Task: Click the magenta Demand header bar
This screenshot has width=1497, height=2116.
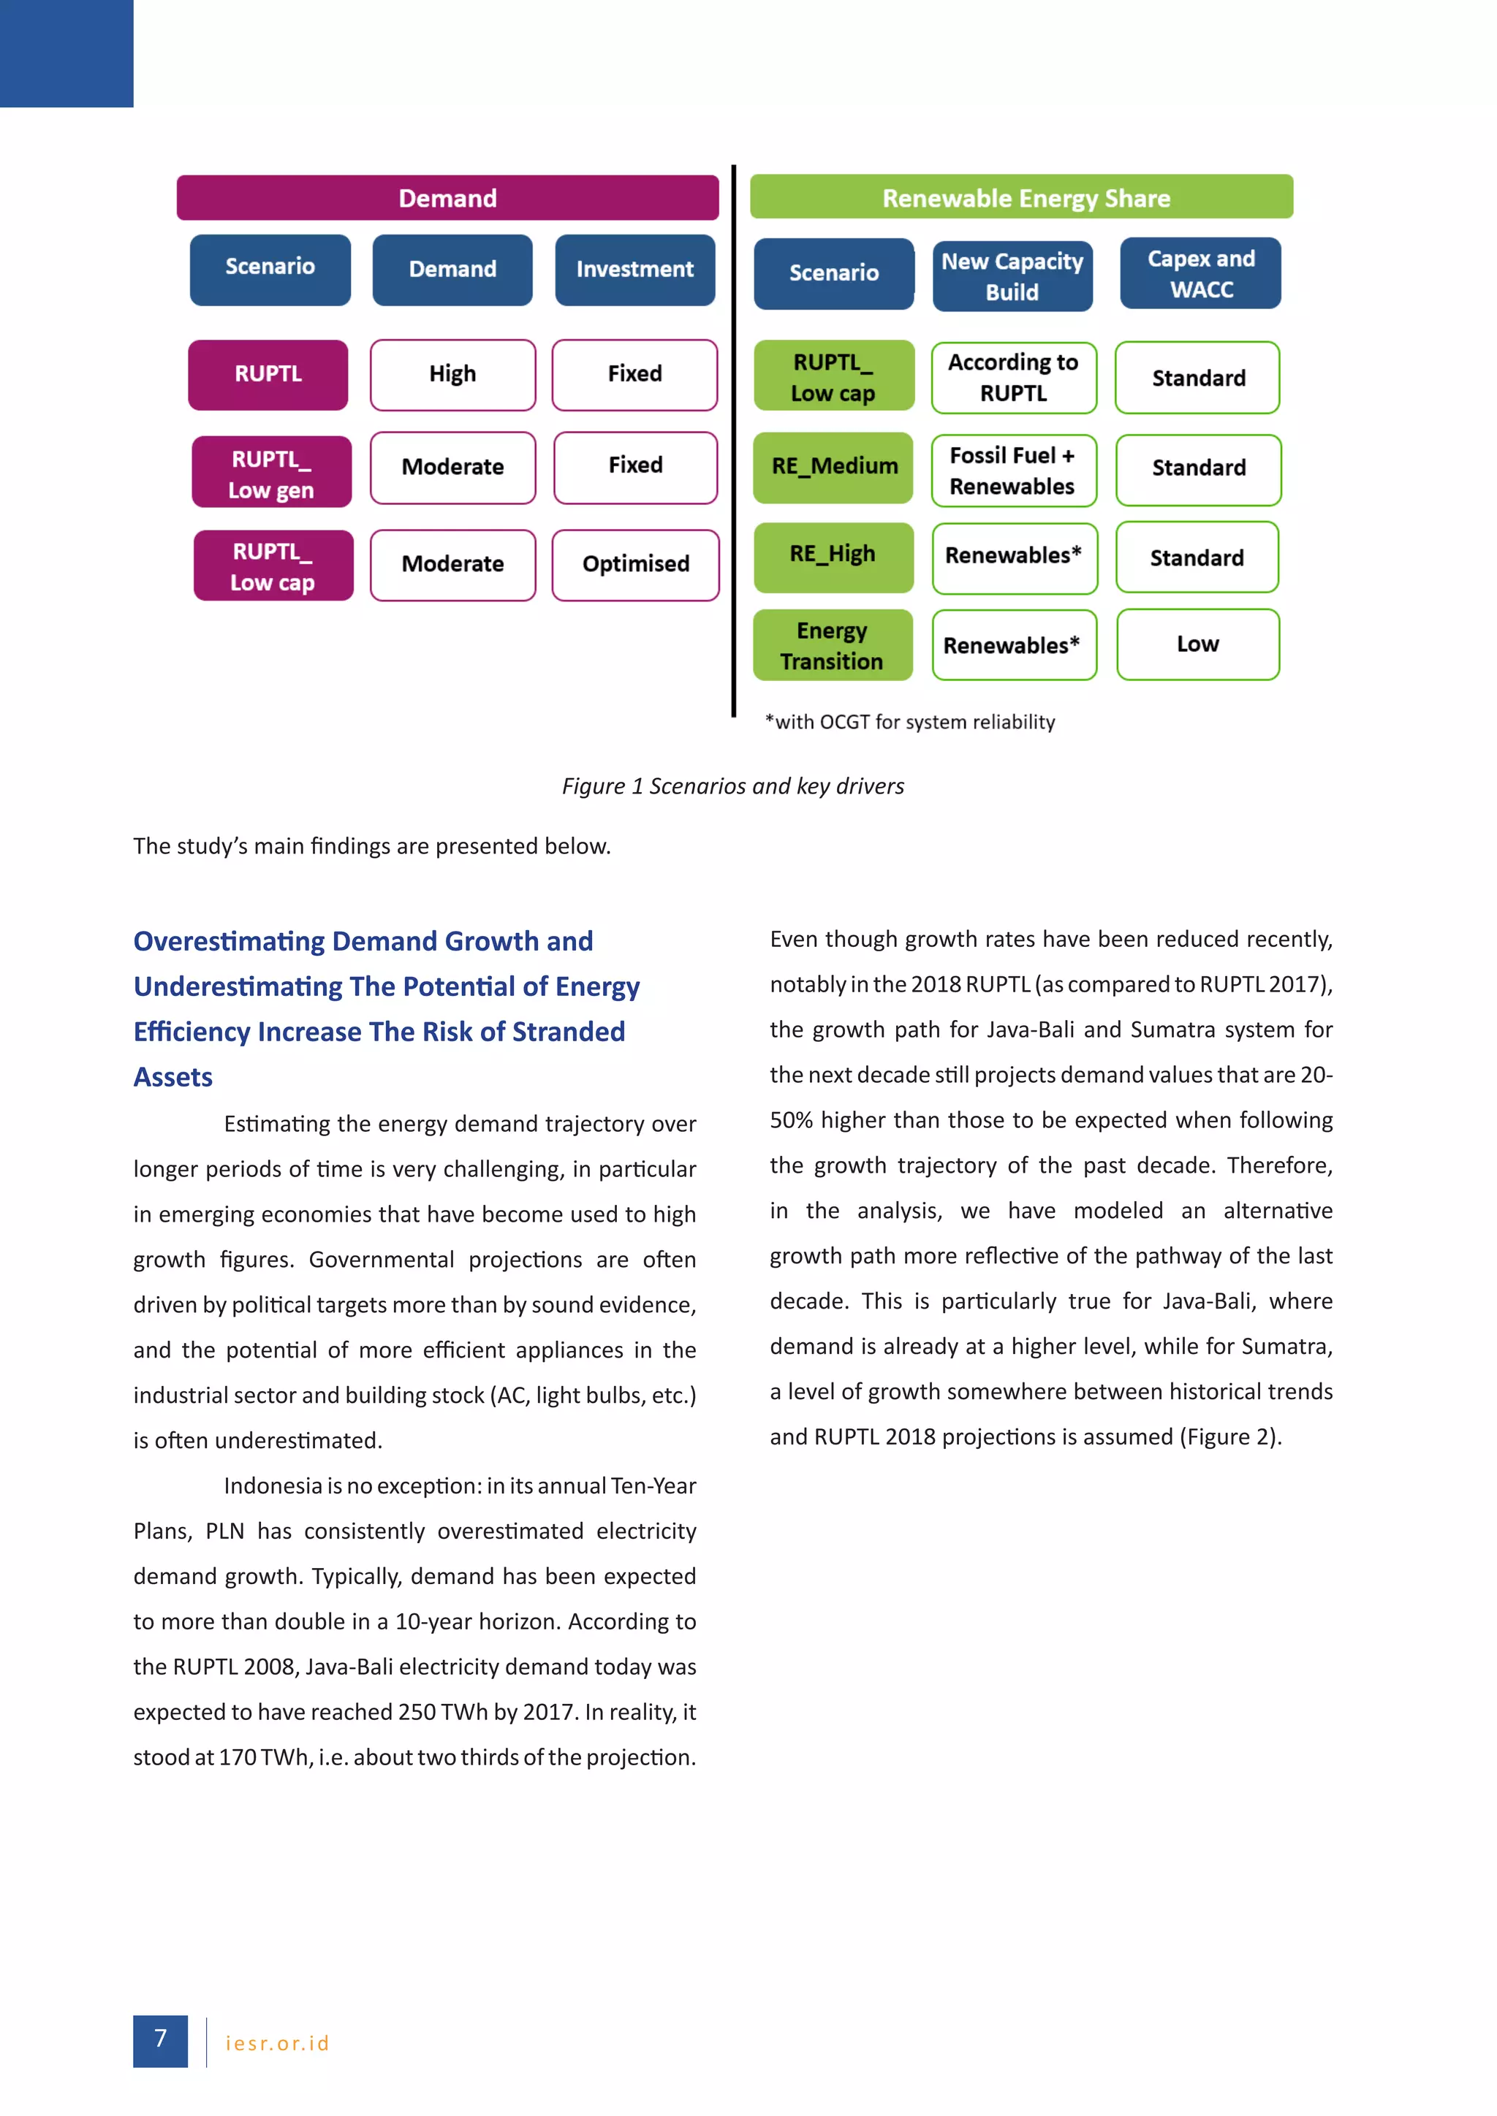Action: coord(447,198)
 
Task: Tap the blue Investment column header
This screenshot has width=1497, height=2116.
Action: coord(634,269)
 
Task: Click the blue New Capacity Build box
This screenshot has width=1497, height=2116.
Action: coord(1012,276)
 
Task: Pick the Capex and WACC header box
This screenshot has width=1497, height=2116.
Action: coord(1200,274)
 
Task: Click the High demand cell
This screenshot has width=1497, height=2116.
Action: coord(452,374)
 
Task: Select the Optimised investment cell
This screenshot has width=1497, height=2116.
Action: coord(635,564)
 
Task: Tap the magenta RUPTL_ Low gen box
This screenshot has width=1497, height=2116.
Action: coord(272,473)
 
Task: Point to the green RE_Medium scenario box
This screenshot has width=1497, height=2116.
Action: coord(833,467)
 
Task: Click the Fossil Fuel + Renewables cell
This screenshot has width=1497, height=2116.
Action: coord(1013,471)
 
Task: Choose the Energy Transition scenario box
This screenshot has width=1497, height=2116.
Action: coord(833,645)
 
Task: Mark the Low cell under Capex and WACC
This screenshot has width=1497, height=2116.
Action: coord(1197,644)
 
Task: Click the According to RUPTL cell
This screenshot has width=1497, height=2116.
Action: coord(1013,378)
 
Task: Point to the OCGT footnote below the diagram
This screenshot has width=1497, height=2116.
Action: coord(910,722)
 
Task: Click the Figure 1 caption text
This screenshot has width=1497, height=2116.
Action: coord(733,786)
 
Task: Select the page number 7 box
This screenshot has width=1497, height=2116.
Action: coord(160,2041)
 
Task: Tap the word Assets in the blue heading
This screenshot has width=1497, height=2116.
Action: coord(173,1077)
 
